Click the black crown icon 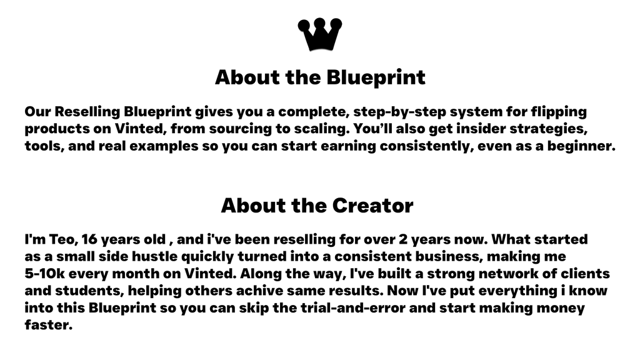(x=319, y=34)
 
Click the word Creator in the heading (x=372, y=206)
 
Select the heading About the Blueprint (x=320, y=77)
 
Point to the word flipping (x=558, y=112)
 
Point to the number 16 (x=90, y=240)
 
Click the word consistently (x=416, y=147)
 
